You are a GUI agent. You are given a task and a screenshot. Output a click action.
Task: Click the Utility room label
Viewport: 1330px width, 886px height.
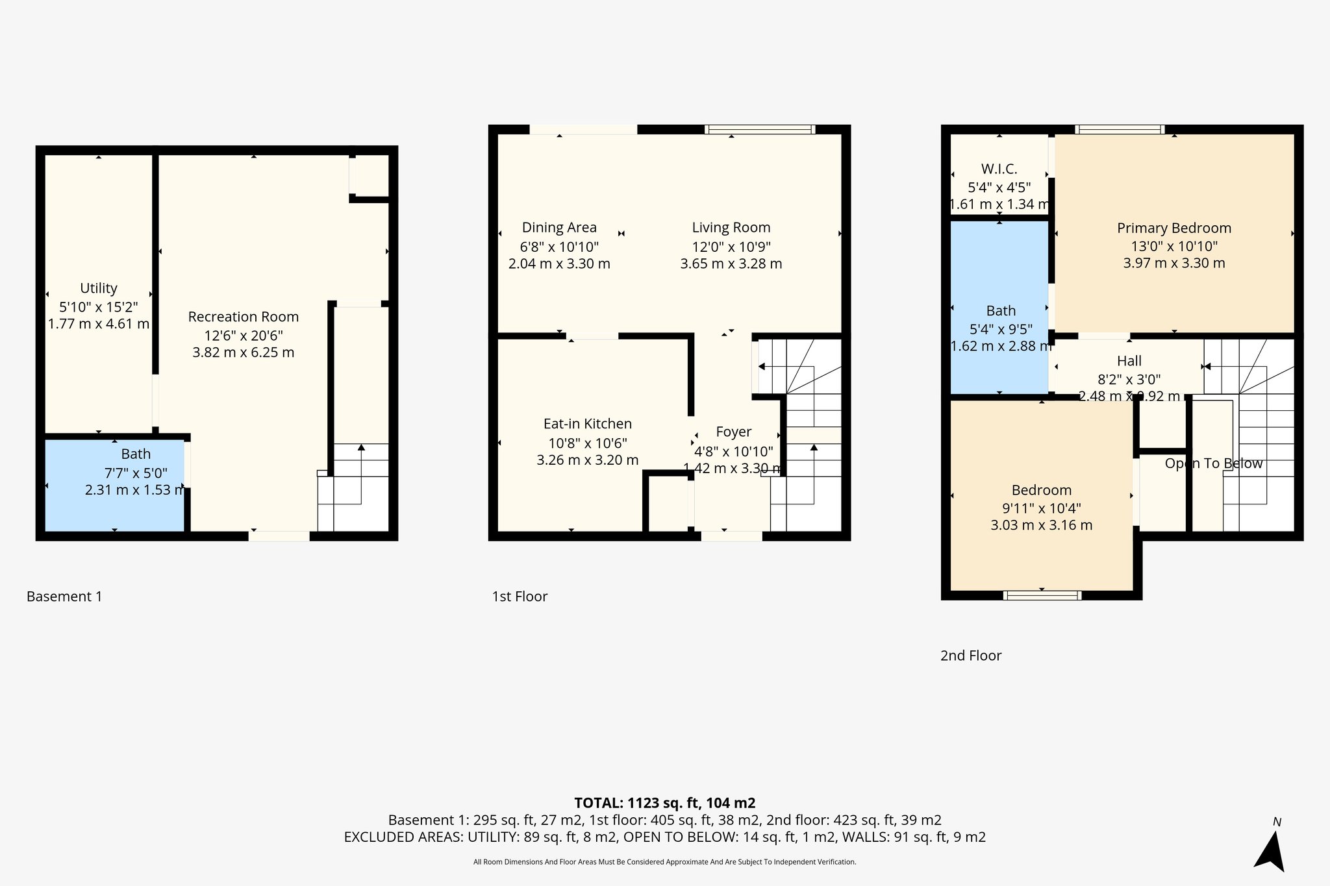pyautogui.click(x=99, y=288)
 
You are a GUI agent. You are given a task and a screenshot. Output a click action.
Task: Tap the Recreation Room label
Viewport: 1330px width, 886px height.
pyautogui.click(x=244, y=317)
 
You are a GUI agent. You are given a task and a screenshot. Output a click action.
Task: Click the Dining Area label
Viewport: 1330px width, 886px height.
pyautogui.click(x=559, y=228)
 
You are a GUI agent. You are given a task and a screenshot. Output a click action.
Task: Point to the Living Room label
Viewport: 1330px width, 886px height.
pyautogui.click(x=731, y=228)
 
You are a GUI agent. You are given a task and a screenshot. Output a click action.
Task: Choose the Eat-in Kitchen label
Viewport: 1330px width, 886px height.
pyautogui.click(x=588, y=424)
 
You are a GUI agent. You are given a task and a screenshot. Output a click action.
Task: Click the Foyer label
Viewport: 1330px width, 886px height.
pyautogui.click(x=734, y=432)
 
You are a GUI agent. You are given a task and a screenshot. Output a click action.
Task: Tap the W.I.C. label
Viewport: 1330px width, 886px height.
pyautogui.click(x=999, y=169)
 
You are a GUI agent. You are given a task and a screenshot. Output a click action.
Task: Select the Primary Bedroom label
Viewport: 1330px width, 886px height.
pyautogui.click(x=1174, y=228)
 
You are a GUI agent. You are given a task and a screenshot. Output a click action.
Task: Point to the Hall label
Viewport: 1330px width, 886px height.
pyautogui.click(x=1129, y=361)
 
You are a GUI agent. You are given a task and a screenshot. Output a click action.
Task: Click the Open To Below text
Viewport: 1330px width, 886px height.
pyautogui.click(x=1213, y=463)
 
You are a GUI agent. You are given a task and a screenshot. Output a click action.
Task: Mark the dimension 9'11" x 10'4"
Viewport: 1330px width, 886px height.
pyautogui.click(x=1042, y=508)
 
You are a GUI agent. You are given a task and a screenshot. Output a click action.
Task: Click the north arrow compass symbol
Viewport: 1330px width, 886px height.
pyautogui.click(x=1271, y=850)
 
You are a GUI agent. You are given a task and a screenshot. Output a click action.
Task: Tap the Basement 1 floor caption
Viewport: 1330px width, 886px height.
pyautogui.click(x=64, y=597)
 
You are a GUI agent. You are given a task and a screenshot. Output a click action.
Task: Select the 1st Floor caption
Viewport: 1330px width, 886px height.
pyautogui.click(x=520, y=597)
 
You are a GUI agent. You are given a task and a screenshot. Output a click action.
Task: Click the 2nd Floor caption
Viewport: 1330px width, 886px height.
pyautogui.click(x=971, y=656)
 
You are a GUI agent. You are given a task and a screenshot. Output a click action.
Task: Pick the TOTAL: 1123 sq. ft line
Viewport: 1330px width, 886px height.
pyautogui.click(x=664, y=803)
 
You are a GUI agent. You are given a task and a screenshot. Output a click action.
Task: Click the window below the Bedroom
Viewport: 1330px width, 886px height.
pyautogui.click(x=1042, y=595)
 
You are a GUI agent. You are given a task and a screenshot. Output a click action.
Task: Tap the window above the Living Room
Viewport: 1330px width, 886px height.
pyautogui.click(x=759, y=130)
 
